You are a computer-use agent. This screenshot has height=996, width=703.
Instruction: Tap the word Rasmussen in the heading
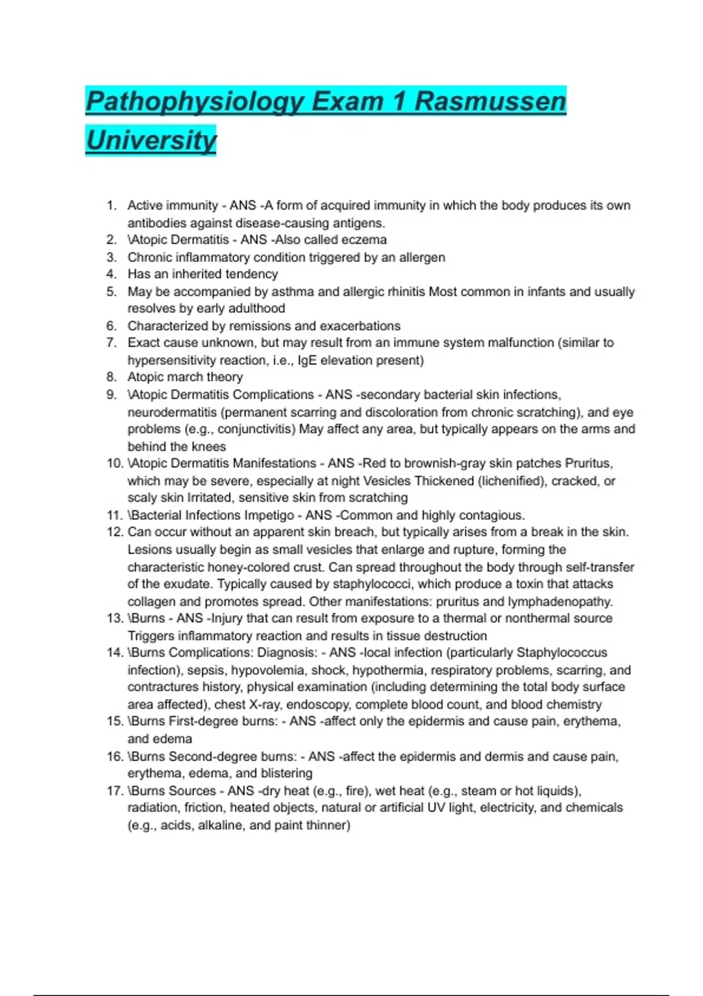490,102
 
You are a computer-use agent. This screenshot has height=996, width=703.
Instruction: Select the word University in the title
151,141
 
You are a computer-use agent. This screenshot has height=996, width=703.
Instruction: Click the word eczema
364,240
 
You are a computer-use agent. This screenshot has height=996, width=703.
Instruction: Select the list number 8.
111,377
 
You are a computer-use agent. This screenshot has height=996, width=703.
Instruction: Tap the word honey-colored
266,567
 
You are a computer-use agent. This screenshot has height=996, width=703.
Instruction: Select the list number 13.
114,619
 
